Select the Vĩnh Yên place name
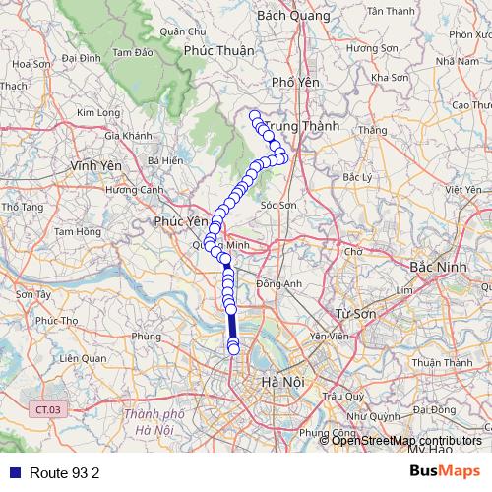(x=95, y=166)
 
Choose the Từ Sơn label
(x=356, y=313)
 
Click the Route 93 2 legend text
(x=65, y=473)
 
